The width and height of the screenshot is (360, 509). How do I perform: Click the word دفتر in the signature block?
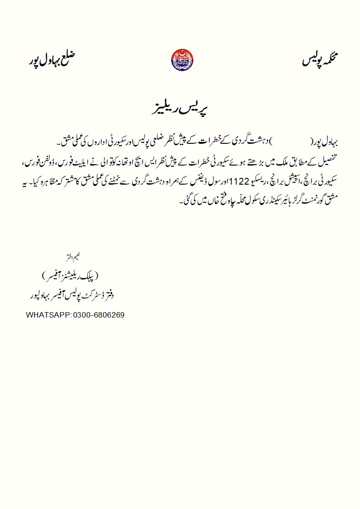point(108,296)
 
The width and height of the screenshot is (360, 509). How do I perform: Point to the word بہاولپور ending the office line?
point(39,296)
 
